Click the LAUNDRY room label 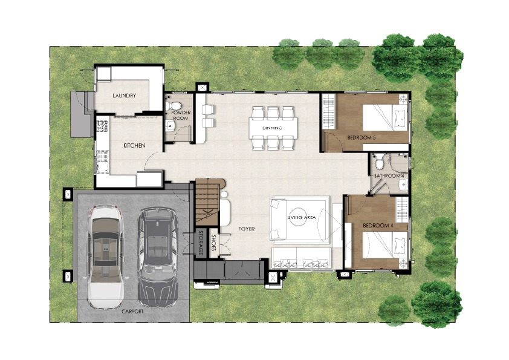pyautogui.click(x=124, y=96)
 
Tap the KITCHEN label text pyautogui.click(x=134, y=146)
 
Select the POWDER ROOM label pyautogui.click(x=181, y=116)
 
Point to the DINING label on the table pyautogui.click(x=273, y=128)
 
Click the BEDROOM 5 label pyautogui.click(x=361, y=137)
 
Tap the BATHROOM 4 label pyautogui.click(x=389, y=176)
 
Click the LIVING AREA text pyautogui.click(x=302, y=217)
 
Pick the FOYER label pyautogui.click(x=247, y=229)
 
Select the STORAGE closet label pyautogui.click(x=201, y=243)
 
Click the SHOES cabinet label pyautogui.click(x=213, y=243)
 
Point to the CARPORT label pyautogui.click(x=132, y=311)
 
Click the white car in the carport pyautogui.click(x=106, y=257)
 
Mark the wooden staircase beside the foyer pyautogui.click(x=207, y=201)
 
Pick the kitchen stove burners pyautogui.click(x=102, y=126)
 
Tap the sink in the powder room pyautogui.click(x=170, y=125)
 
